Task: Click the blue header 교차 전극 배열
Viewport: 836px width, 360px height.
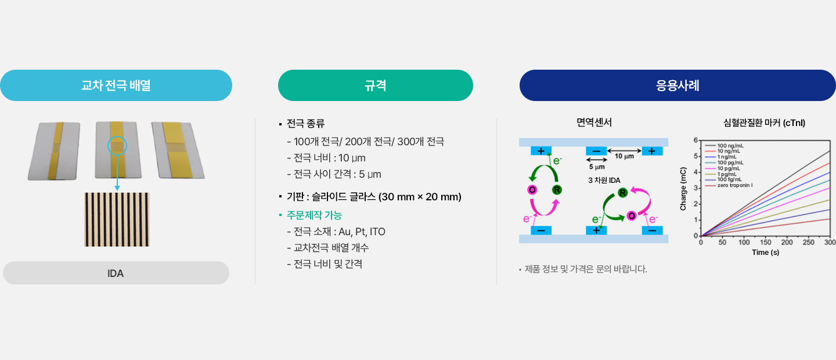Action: (116, 85)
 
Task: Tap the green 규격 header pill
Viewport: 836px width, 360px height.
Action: (376, 85)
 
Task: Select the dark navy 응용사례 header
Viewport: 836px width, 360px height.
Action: (678, 85)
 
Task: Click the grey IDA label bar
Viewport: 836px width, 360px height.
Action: (116, 273)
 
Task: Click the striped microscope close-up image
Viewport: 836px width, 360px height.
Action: (117, 219)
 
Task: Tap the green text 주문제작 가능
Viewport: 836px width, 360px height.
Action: (314, 215)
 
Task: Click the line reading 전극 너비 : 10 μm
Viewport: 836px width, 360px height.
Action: (326, 158)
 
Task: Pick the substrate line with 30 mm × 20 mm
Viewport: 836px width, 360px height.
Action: (374, 197)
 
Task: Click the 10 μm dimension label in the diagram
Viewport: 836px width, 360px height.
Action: (624, 156)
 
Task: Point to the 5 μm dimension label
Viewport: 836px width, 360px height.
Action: (597, 167)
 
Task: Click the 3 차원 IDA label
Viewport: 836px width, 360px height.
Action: (604, 181)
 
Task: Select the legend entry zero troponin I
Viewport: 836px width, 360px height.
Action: (729, 185)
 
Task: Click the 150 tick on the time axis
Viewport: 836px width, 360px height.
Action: (765, 242)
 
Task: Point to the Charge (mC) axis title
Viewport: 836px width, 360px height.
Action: (683, 189)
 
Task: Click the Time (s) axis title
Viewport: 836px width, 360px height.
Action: (765, 253)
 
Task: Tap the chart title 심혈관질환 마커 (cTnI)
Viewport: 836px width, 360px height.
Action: (764, 123)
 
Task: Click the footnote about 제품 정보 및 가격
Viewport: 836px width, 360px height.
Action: (583, 269)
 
